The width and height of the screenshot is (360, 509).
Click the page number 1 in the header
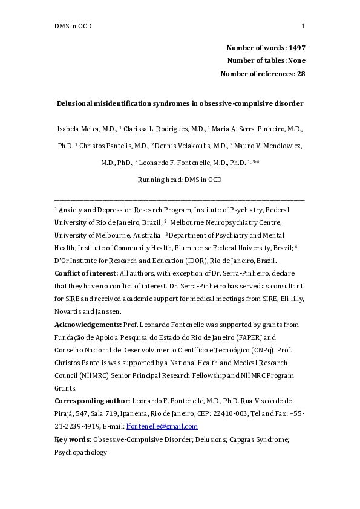coord(303,26)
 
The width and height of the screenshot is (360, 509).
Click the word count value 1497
coord(295,47)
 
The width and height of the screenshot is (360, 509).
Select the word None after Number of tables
coord(296,60)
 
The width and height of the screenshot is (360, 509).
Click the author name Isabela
coord(68,129)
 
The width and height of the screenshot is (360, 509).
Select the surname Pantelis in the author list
coord(123,146)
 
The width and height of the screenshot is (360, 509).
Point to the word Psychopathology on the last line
coord(80,452)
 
